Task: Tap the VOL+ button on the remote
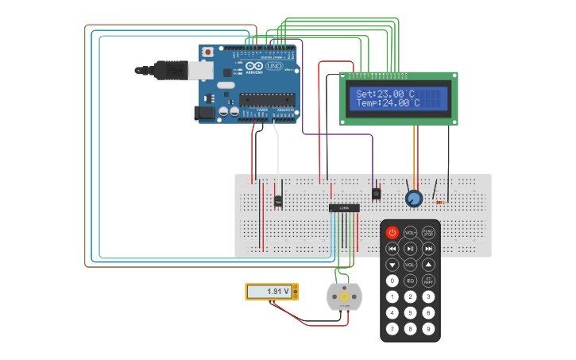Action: tap(410, 232)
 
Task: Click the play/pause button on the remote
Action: tap(410, 248)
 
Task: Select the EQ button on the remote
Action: tap(410, 281)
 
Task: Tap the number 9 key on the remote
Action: tap(428, 328)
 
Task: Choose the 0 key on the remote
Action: tap(392, 281)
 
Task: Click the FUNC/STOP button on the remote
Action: tap(428, 232)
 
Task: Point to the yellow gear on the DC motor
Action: tap(344, 296)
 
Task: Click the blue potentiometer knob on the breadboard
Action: tap(413, 199)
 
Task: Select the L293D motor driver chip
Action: tap(344, 207)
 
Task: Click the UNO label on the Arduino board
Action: tap(273, 67)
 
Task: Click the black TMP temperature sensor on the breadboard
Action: tap(278, 200)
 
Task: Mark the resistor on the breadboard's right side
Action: tap(439, 202)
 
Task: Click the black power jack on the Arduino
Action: tap(206, 114)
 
